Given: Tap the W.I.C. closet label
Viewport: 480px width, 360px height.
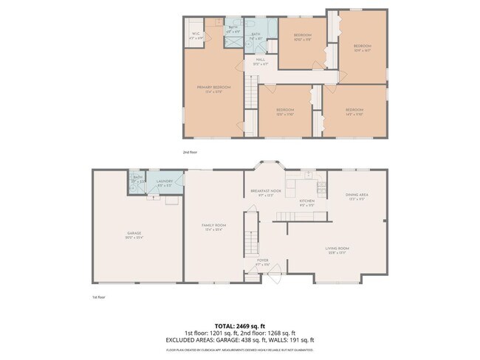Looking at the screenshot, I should tap(195, 35).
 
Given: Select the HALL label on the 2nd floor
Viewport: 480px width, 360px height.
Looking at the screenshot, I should tap(261, 61).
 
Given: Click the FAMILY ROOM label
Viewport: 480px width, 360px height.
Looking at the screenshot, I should tap(214, 226).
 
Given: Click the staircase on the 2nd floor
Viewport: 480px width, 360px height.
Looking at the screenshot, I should tap(250, 96).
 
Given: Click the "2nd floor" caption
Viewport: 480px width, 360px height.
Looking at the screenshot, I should tap(191, 152).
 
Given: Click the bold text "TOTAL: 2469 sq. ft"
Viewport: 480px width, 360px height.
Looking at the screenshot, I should tap(240, 325).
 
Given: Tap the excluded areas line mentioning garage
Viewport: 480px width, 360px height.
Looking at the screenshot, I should tap(240, 340).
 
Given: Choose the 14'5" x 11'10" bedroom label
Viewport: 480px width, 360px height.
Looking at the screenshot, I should tap(356, 112).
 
